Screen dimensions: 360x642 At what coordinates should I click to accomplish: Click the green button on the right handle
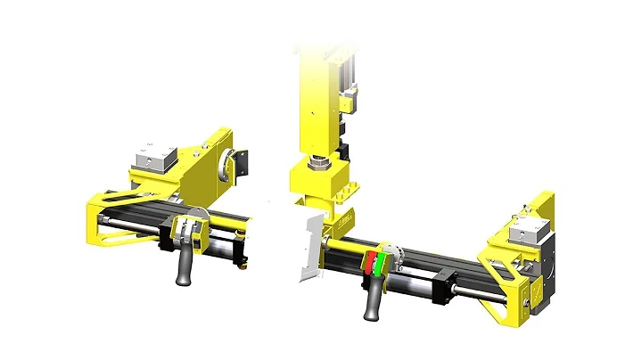click(380, 262)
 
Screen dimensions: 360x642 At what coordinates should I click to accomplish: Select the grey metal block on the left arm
click(152, 160)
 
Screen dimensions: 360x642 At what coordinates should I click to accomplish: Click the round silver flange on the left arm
click(239, 163)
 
